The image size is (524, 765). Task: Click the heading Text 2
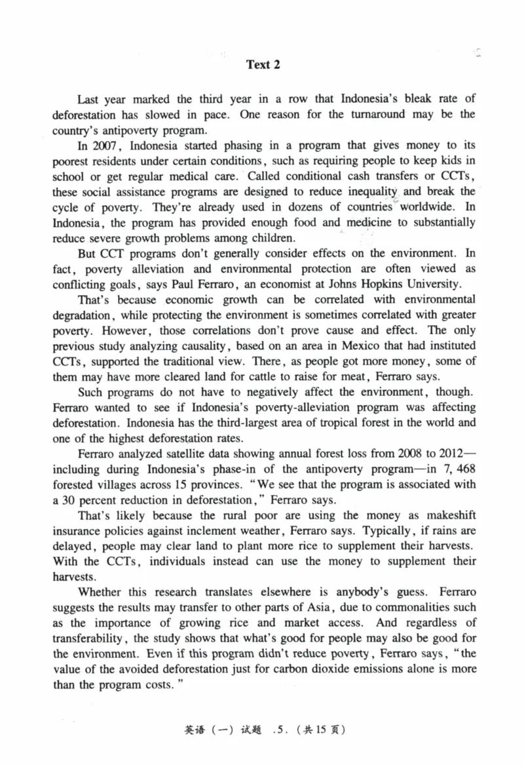tap(263, 64)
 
